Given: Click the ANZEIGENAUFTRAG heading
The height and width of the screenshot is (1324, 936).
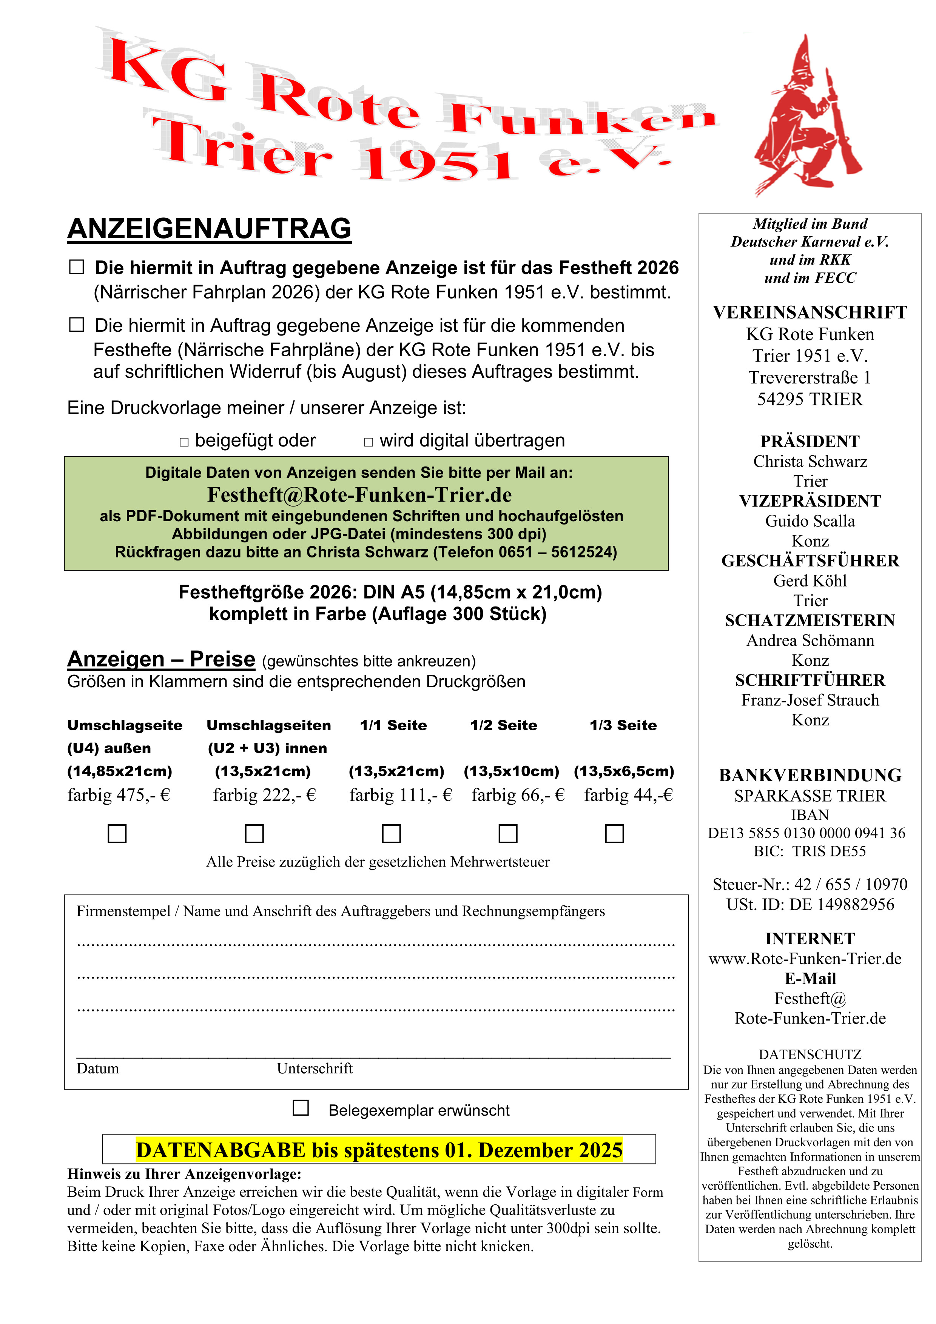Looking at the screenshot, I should click(209, 229).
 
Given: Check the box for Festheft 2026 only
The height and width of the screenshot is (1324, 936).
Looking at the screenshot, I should click(77, 267).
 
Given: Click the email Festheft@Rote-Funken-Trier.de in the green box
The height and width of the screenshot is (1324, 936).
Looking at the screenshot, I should click(359, 495).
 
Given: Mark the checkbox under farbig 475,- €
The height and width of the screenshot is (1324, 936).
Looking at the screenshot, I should click(117, 833).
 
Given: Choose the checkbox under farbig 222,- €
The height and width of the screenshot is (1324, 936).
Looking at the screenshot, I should click(254, 833).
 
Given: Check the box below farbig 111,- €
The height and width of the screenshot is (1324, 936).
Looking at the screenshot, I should click(392, 833).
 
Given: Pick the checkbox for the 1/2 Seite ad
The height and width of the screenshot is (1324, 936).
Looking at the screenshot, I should click(507, 833).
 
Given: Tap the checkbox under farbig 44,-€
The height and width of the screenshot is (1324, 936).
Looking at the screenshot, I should click(614, 833).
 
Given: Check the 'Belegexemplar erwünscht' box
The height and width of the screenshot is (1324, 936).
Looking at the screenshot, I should click(301, 1108).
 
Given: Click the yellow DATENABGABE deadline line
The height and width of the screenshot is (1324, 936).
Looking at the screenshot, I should click(379, 1150).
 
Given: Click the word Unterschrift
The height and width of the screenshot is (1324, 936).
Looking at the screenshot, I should click(314, 1068).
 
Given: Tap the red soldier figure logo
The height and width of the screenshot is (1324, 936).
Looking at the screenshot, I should click(807, 115).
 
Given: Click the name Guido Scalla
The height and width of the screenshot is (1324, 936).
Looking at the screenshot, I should click(810, 521).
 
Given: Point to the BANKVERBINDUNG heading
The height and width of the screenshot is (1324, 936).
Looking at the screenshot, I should click(810, 775).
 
